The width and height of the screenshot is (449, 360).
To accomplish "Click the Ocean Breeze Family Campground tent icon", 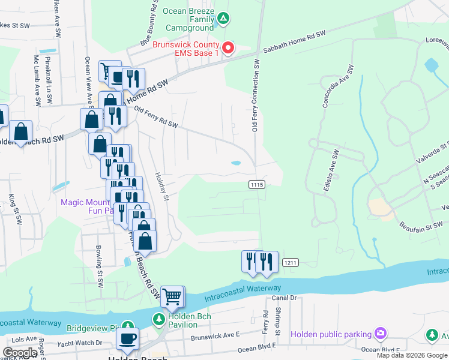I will [223, 19].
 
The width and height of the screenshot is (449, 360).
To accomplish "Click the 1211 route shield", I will [291, 262].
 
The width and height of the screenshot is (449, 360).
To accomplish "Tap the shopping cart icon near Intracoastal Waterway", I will [172, 296].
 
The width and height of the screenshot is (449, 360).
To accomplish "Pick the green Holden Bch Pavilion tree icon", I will [158, 319].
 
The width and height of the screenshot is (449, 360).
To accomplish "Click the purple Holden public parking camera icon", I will [379, 333].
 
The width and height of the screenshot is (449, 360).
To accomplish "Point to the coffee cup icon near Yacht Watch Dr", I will [127, 338].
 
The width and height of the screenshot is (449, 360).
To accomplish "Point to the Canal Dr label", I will [285, 298].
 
